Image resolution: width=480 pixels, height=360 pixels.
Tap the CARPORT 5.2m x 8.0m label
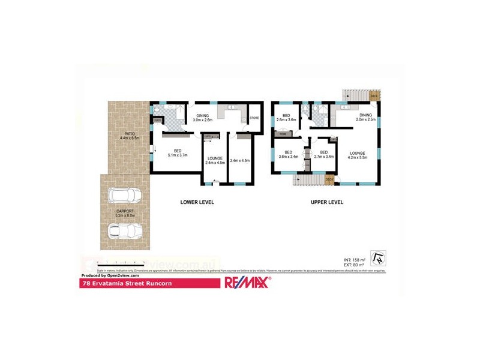(127, 213)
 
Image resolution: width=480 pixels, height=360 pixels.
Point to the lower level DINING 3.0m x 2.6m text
(202, 118)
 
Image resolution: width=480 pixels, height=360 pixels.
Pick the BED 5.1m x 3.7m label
(178, 153)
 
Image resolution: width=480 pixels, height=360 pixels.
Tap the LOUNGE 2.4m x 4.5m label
(215, 161)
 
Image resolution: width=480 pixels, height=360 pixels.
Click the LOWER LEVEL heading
(197, 202)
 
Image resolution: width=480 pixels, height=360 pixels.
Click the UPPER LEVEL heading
(327, 202)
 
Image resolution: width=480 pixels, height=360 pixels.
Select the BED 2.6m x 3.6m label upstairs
(286, 118)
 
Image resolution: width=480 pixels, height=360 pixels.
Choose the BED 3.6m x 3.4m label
(289, 155)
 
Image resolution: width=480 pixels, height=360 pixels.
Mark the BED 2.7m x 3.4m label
(323, 155)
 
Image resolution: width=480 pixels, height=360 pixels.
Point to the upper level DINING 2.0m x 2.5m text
(365, 117)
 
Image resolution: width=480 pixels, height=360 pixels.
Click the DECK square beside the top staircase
(374, 96)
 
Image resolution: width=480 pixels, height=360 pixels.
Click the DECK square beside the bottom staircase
(329, 179)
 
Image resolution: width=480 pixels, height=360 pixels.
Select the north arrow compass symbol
(377, 257)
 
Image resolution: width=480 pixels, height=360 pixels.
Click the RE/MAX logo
(247, 283)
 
